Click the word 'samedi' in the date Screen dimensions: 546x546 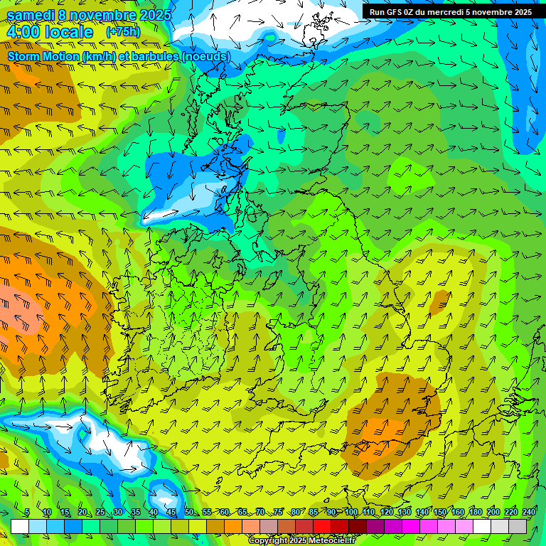(32, 14)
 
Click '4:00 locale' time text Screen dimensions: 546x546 (50, 32)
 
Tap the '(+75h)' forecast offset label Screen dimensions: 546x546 (123, 32)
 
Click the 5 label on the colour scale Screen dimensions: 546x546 (27, 512)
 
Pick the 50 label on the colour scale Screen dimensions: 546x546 (188, 512)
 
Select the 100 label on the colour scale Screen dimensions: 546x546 (350, 512)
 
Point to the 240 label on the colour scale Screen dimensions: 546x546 (529, 512)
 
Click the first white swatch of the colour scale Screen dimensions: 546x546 (20, 526)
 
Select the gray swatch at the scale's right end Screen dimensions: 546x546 (518, 526)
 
